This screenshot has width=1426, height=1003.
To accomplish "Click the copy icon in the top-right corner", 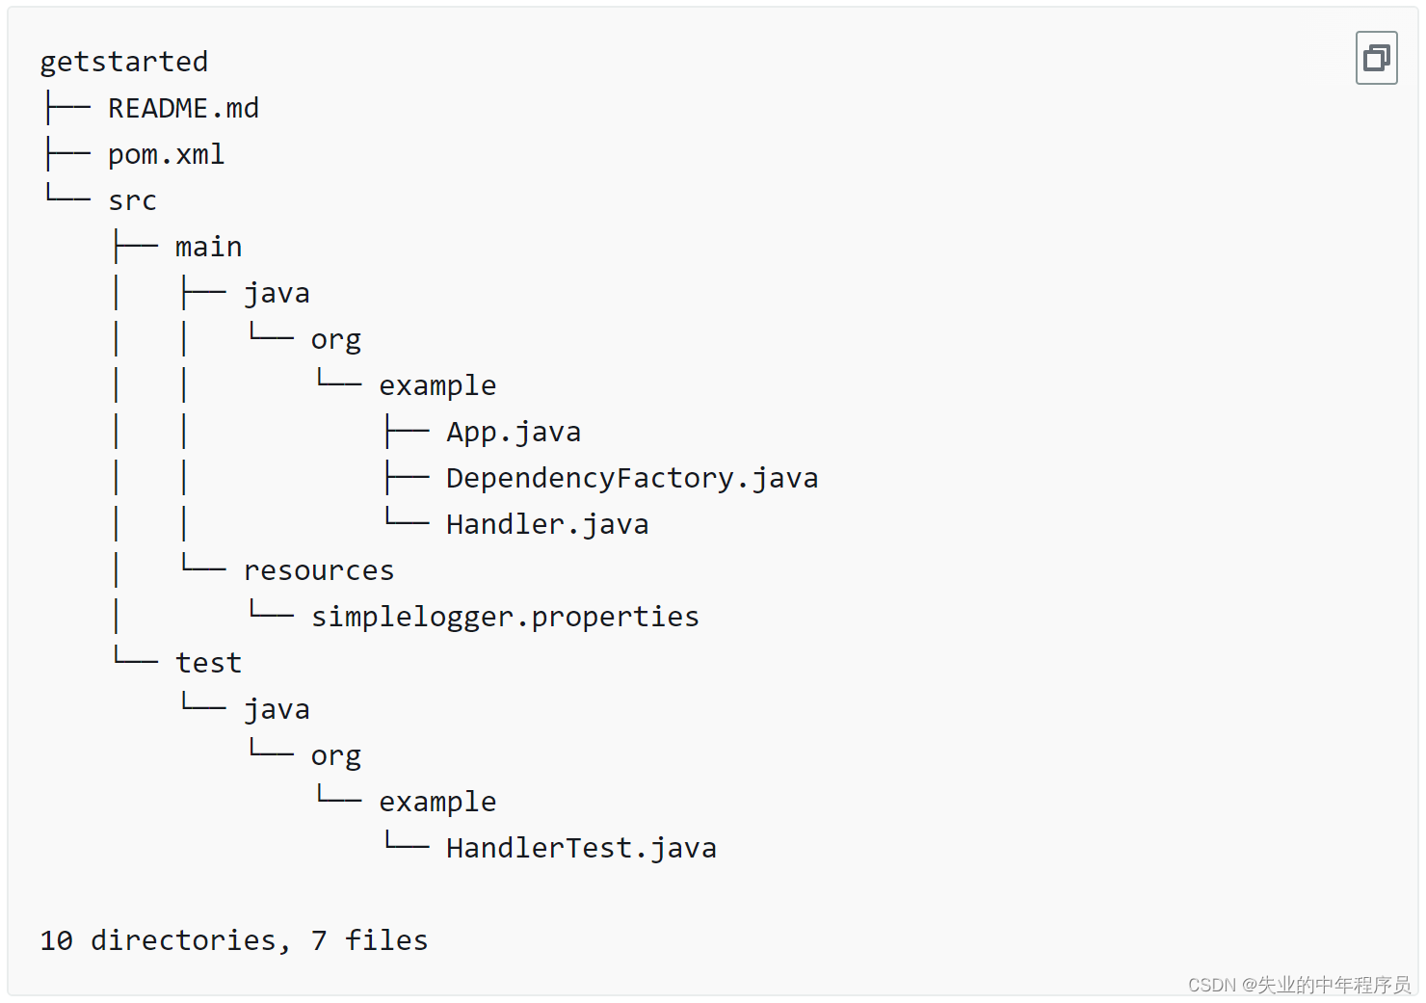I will (1376, 58).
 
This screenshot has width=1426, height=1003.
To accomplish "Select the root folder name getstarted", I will (123, 62).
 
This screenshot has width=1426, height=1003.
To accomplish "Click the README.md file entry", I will (183, 108).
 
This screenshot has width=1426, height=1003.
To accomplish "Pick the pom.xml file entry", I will (166, 154).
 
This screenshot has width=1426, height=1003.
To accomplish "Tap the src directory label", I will (132, 200).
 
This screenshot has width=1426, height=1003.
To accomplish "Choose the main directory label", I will (208, 247).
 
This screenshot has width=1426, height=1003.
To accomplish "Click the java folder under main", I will (277, 293).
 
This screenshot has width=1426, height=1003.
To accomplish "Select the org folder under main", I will (335, 340).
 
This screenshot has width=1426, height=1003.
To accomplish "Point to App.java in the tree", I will (514, 432).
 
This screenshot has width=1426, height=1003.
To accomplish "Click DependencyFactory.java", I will (632, 478).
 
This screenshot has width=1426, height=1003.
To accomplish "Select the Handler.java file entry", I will (547, 524).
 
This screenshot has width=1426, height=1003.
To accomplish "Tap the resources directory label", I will (319, 570).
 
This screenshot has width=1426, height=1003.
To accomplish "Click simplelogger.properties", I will (505, 617).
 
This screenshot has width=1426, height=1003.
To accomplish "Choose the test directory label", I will (208, 663).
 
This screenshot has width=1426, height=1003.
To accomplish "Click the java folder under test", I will (277, 709).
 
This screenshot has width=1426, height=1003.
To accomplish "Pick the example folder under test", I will (437, 802).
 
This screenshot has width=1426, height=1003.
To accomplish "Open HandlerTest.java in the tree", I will (581, 848).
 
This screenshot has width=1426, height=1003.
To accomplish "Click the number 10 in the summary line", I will (56, 940).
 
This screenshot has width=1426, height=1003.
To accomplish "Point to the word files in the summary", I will (386, 940).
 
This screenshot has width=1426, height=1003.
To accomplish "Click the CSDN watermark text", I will (1299, 985).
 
